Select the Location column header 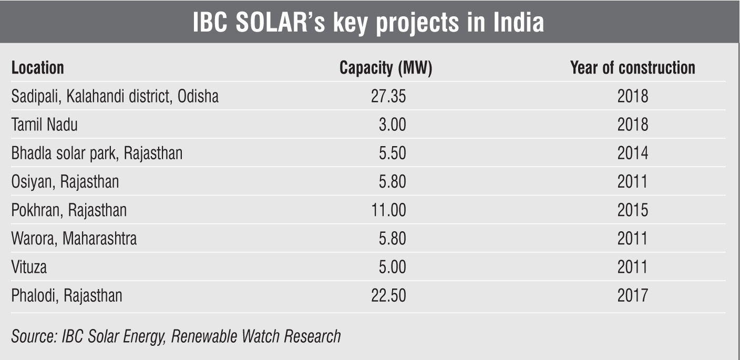tap(37, 68)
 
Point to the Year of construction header tap(632, 68)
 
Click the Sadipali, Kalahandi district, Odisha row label tap(115, 97)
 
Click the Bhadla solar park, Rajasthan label tap(97, 153)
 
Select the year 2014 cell tap(633, 153)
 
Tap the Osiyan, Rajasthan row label tap(65, 182)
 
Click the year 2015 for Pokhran tap(633, 210)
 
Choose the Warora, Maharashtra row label tap(74, 239)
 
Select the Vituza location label tap(29, 267)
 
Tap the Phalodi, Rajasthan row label tap(66, 295)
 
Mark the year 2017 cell tap(633, 295)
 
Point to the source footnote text tap(176, 336)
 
